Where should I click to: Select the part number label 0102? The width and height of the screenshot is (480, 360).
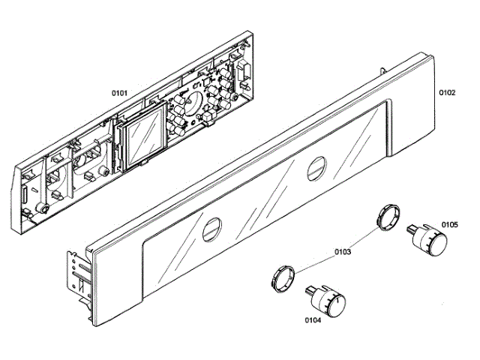pyautogui.click(x=447, y=93)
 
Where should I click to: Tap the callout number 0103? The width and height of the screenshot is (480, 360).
pyautogui.click(x=341, y=252)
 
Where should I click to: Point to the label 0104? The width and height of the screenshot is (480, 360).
pyautogui.click(x=315, y=320)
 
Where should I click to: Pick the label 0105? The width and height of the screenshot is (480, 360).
pyautogui.click(x=450, y=223)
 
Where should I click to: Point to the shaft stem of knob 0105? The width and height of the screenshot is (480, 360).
pyautogui.click(x=411, y=226)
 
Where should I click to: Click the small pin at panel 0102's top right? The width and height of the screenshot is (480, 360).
pyautogui.click(x=384, y=69)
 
